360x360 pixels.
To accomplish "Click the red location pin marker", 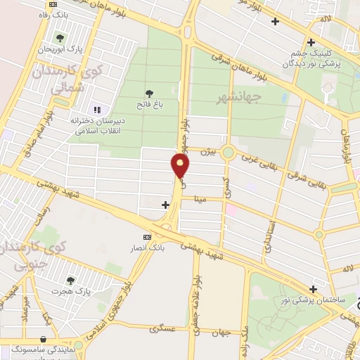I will click(181, 167).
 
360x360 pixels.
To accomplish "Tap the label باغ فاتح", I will click(148, 106).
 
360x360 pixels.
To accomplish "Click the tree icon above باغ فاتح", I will click(148, 93).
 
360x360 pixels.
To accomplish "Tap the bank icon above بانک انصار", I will click(147, 238).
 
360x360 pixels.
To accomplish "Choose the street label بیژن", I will click(205, 150).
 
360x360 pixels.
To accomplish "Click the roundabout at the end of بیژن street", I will click(228, 153).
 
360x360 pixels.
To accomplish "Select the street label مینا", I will click(200, 200).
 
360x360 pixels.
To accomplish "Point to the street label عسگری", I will click(162, 328).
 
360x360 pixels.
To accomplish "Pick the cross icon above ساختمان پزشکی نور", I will click(314, 288).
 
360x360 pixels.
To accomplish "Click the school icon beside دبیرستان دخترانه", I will click(98, 109).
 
